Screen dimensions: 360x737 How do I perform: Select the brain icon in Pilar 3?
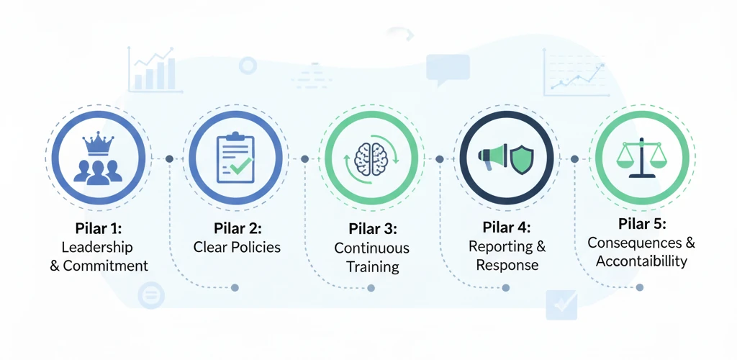(x=371, y=158)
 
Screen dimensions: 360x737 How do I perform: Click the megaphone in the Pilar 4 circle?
(x=493, y=158)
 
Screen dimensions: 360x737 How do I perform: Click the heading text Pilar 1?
(x=99, y=229)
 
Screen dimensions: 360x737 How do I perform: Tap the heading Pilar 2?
(x=237, y=229)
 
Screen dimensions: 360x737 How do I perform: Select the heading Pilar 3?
(x=371, y=229)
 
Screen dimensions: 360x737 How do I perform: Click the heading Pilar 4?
(x=507, y=228)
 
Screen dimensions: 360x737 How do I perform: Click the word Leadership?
(x=97, y=247)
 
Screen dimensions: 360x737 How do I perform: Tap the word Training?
(x=372, y=266)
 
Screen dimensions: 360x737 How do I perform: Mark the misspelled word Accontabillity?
(x=641, y=261)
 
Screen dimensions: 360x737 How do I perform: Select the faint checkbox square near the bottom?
(x=561, y=305)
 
